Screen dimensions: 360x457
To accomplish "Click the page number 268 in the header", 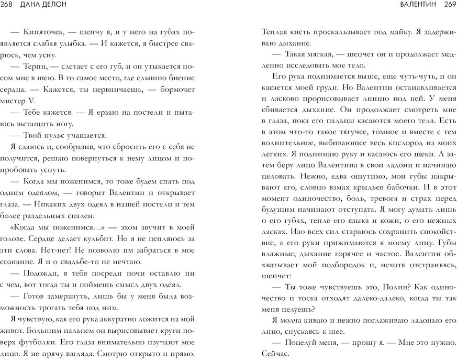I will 9,5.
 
